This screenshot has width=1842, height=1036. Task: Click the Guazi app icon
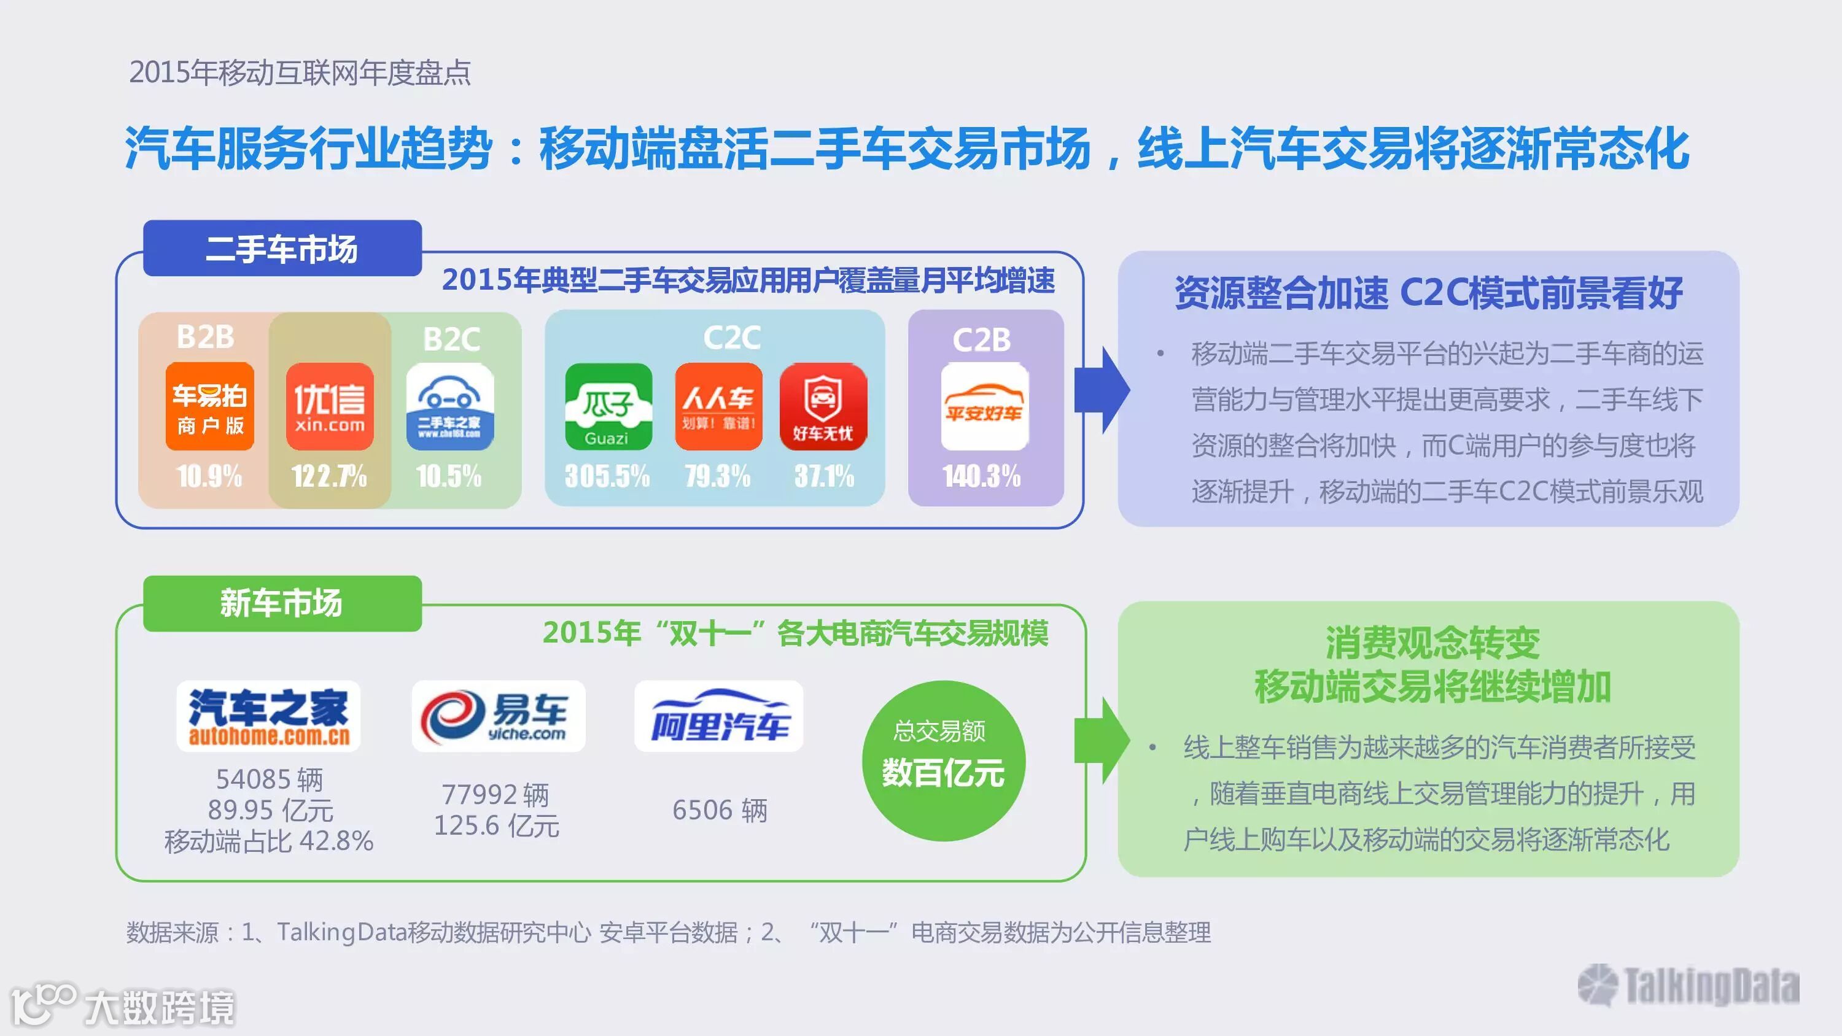(x=608, y=406)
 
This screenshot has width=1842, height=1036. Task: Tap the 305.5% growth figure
(x=607, y=476)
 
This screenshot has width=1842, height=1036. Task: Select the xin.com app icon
(x=330, y=406)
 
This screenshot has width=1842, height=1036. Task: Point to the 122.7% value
(x=329, y=476)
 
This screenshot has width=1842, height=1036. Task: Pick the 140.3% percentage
(x=982, y=476)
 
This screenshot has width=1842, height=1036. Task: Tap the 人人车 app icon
(x=718, y=406)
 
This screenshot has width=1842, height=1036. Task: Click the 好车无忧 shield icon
(x=823, y=406)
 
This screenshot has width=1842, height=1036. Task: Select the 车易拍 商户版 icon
(x=209, y=406)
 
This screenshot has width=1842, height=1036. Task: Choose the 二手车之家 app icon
(x=450, y=406)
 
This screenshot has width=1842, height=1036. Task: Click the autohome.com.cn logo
(x=269, y=716)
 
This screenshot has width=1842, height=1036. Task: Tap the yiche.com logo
(x=499, y=716)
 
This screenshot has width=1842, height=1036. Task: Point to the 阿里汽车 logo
(x=718, y=716)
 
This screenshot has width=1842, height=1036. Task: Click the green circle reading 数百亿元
(x=943, y=760)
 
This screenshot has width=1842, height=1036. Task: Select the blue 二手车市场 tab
(x=282, y=248)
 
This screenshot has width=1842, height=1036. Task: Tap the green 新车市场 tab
(x=282, y=603)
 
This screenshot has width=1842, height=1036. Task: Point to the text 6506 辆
(x=720, y=810)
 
